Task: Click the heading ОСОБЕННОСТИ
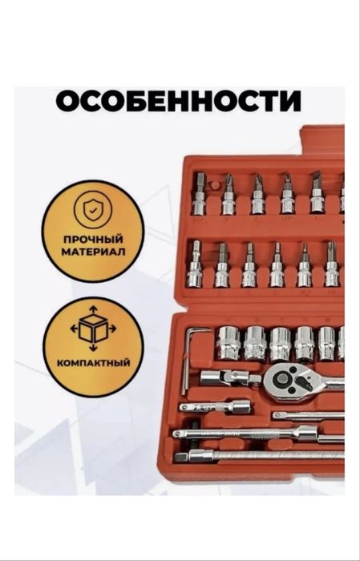click(179, 102)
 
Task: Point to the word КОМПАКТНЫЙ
click(94, 361)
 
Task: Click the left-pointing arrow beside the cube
click(74, 328)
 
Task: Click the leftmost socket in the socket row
click(228, 343)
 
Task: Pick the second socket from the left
click(254, 343)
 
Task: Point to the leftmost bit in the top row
click(200, 195)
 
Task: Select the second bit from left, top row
click(229, 195)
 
